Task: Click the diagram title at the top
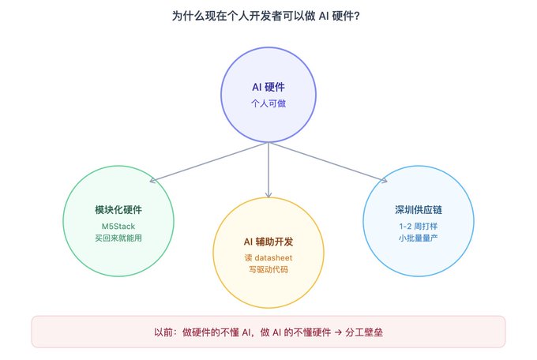266,16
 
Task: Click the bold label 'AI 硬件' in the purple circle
268,87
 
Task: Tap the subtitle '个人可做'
268,103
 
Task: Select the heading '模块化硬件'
118,210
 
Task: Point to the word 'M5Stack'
118,227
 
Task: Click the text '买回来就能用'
118,238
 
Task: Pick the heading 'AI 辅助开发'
268,242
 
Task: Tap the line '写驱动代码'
268,269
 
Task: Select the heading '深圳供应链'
419,210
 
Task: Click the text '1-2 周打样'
419,227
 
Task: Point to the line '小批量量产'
419,238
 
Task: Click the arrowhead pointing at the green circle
152,180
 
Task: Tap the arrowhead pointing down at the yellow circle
268,195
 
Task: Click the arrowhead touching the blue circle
385,180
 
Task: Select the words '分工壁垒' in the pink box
364,332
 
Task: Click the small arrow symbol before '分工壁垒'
338,332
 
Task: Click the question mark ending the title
357,16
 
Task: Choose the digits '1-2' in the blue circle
405,227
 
